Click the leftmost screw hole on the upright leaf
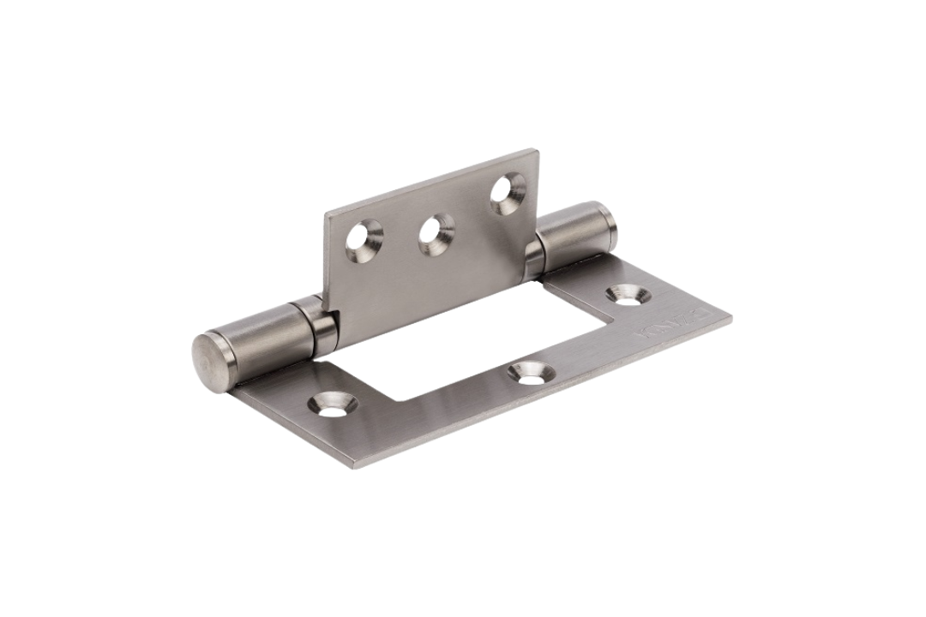point(364,238)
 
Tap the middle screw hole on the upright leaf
point(436,233)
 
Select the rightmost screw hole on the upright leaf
point(508,190)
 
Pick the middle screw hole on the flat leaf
point(529,373)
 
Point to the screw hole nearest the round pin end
point(331,405)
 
